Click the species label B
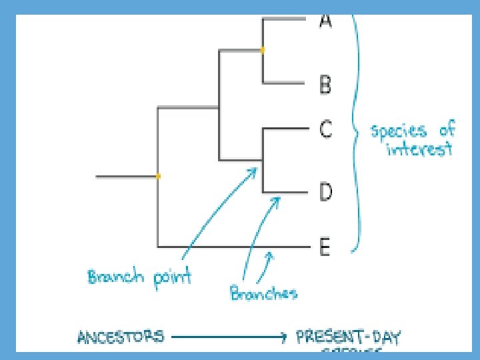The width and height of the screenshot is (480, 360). [325, 85]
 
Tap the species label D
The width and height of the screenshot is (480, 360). [325, 193]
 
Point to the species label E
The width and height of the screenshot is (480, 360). [325, 248]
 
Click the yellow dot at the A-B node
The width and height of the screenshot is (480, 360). [263, 50]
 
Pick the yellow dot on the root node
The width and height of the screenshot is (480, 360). [158, 177]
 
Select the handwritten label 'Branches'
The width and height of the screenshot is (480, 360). [263, 293]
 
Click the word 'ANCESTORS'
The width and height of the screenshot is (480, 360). [121, 337]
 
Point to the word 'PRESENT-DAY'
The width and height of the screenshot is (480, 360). [347, 337]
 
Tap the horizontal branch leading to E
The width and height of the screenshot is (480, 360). [233, 247]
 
